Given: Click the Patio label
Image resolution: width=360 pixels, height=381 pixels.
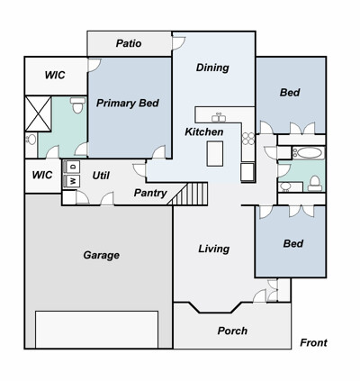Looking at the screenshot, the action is pos(129,43).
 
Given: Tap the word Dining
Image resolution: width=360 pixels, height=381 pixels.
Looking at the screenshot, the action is pos(212,68).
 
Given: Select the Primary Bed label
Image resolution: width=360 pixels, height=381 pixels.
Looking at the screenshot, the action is pos(128,104).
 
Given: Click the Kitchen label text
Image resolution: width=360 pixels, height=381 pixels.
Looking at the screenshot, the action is pos(204,132).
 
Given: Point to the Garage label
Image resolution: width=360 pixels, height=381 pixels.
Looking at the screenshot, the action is pos(102,255).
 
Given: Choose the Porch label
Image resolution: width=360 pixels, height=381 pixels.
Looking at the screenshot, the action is pos(232,331).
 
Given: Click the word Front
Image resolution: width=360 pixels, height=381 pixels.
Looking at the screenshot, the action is pos(313,342).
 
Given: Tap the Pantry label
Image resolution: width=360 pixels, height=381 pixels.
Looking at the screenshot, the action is pos(150,193).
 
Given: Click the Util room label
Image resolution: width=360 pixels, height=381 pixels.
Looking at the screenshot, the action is pos(101,176).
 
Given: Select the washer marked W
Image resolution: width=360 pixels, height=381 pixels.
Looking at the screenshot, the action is pos(73,181).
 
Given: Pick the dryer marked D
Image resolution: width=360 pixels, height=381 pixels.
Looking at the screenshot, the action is pos(73,166).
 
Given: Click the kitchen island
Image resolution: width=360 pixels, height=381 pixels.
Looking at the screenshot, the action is pos(215,154).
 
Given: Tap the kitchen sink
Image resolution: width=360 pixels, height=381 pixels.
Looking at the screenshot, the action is pos(219,117).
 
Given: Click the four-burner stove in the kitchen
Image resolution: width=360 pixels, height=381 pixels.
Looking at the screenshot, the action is pos(248,139).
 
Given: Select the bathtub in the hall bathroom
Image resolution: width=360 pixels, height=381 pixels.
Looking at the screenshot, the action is pos(308,153).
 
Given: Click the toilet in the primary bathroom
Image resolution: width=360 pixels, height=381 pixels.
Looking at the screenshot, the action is pos(77,104).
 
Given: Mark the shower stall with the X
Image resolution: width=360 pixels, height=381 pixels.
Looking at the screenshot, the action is pos(38,113).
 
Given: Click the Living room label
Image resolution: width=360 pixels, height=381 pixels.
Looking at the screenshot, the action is pos(214,249).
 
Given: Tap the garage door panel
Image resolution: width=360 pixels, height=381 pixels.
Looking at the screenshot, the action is pos(96,330).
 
